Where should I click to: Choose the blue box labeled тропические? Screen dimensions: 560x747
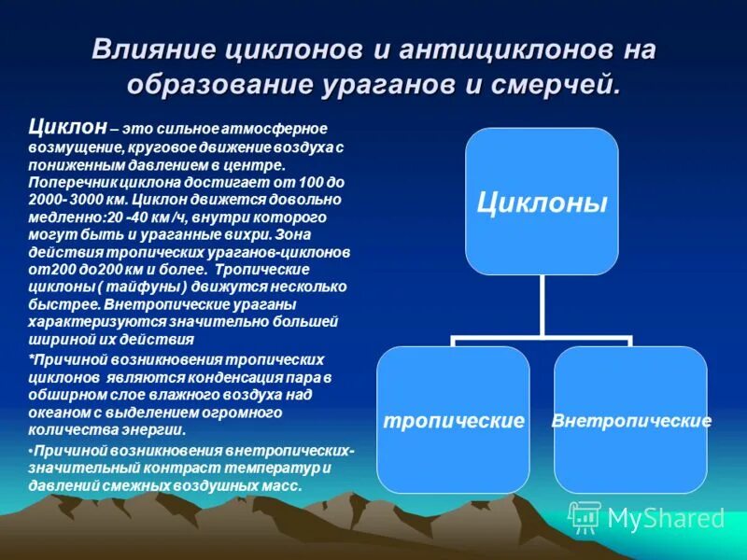(x=453, y=420)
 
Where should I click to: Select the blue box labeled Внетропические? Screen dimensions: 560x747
(x=631, y=420)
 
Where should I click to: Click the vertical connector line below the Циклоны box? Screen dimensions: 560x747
(x=543, y=308)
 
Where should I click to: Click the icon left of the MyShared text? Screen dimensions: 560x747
(x=585, y=516)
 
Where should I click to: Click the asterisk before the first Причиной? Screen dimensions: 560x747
(x=32, y=359)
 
